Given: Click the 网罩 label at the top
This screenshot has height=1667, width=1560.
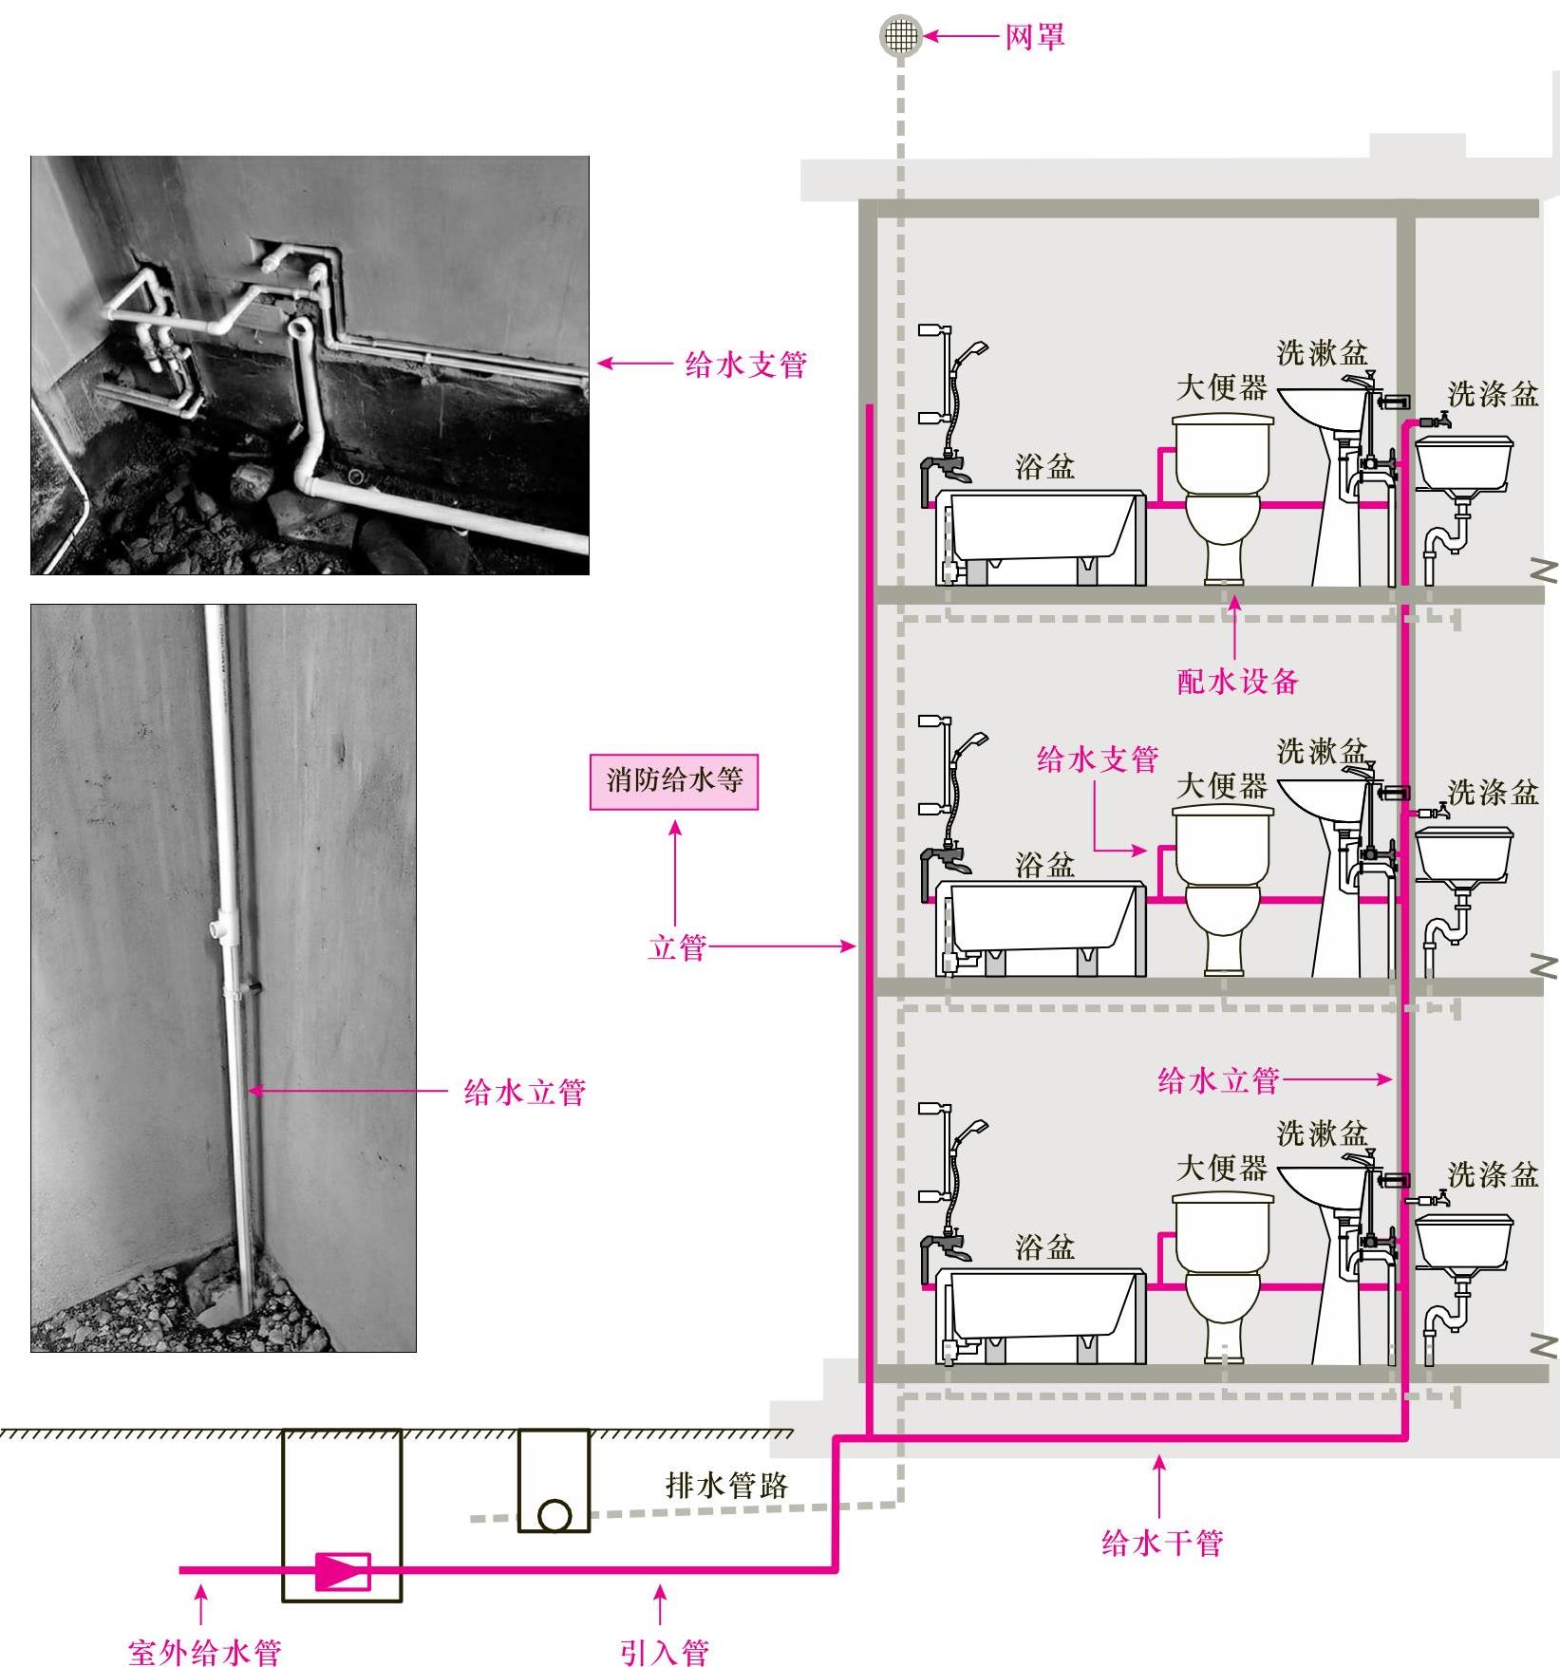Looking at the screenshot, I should (x=1035, y=37).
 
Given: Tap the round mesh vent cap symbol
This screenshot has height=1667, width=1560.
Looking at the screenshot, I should (x=900, y=36).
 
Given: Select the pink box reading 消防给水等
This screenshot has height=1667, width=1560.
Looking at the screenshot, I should (x=674, y=781).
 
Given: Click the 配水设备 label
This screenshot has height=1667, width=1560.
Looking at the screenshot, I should (x=1237, y=681).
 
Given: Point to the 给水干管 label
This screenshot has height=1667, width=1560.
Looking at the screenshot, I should (x=1161, y=1543).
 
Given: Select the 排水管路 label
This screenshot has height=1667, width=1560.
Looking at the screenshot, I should (x=726, y=1485).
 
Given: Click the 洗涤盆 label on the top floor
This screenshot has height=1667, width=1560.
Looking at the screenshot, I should (x=1493, y=394).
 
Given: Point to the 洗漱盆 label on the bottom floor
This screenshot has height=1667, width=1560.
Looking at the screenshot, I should (x=1322, y=1133).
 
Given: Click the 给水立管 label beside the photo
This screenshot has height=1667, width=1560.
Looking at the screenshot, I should (x=524, y=1093).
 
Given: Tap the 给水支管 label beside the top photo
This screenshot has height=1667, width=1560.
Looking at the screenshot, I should (x=745, y=365).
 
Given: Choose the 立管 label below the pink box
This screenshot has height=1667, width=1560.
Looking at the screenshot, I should (x=677, y=946).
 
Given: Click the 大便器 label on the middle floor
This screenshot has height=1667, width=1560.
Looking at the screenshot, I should (x=1222, y=786).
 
